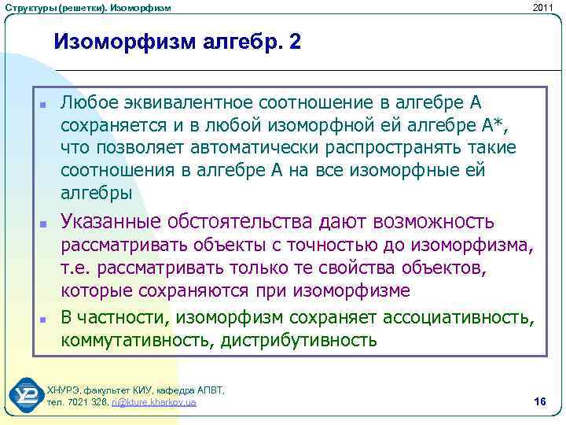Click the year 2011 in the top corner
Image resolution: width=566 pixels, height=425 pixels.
(543, 8)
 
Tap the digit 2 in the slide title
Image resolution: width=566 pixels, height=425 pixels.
(294, 41)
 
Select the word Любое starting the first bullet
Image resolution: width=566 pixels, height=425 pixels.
(87, 104)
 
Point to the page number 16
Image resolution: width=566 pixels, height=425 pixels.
(539, 402)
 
